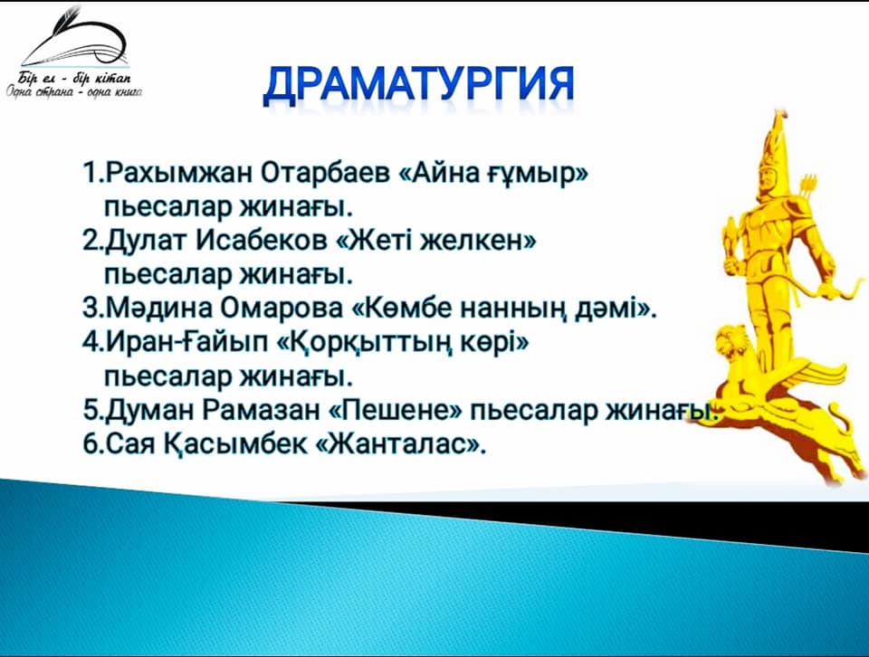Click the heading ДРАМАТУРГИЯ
(418, 87)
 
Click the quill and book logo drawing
(75, 37)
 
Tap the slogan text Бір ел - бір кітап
(75, 78)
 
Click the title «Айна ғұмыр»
(493, 174)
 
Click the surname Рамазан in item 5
(261, 411)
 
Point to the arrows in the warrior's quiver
(807, 189)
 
